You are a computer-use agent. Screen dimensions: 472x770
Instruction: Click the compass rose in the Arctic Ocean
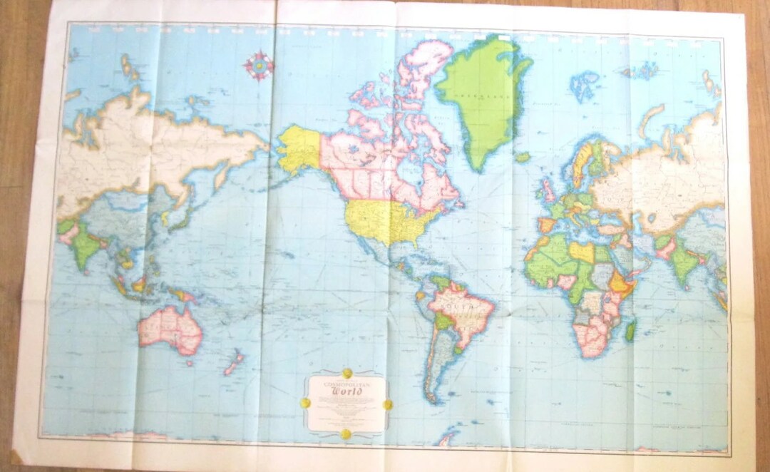pos(258,65)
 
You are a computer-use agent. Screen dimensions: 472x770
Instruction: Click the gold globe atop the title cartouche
pos(347,373)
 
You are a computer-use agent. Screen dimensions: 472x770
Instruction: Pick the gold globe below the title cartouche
pos(346,433)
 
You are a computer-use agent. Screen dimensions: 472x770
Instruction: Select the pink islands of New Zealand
pos(234,363)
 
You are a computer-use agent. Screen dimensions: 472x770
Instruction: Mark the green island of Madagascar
pos(630,329)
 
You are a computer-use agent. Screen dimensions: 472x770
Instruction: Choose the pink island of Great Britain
pos(547,191)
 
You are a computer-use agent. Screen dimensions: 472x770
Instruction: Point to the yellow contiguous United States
pos(385,220)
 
